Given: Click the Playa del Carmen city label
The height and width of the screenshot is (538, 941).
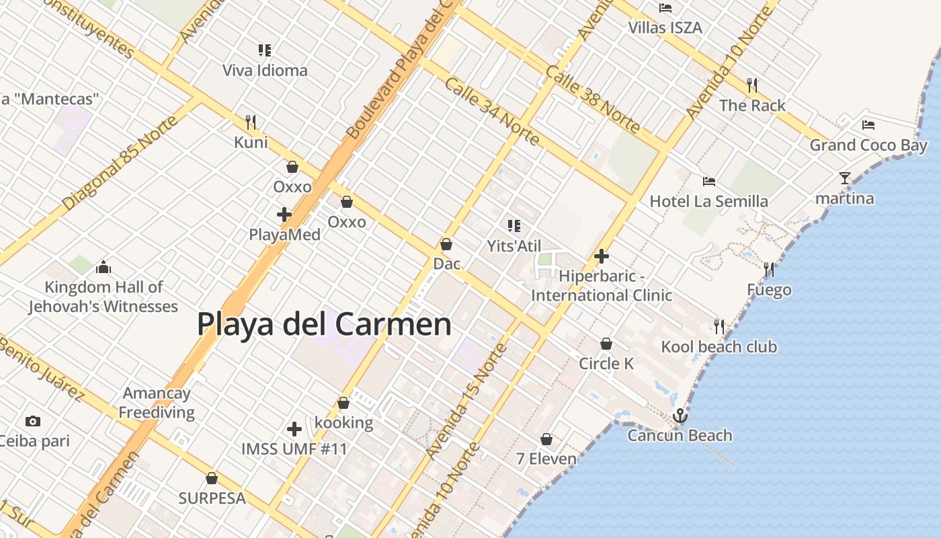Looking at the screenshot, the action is point(324,324).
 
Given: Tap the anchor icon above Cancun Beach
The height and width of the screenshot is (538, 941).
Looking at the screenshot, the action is point(680,416).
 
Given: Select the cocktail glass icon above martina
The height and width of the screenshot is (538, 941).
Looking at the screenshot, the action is point(845,178).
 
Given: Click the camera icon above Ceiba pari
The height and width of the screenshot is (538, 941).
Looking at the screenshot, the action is point(32,422).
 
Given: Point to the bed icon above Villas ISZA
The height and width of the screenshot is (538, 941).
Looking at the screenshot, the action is point(665,8).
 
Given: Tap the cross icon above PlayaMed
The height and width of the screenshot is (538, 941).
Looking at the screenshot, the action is point(284,215).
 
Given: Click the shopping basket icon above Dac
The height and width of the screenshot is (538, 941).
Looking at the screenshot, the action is point(446,244).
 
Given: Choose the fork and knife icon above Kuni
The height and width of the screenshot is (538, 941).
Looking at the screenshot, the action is point(251,122).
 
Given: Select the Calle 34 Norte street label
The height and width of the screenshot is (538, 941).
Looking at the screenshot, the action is point(491,112).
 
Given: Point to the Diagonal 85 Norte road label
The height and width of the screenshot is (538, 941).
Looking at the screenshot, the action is point(120,162).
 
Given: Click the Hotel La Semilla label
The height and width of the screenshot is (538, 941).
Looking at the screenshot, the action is point(708,201).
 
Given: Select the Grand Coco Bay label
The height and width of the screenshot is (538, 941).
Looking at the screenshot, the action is point(868,145).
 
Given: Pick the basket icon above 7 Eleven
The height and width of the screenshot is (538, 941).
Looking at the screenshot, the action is point(546,440).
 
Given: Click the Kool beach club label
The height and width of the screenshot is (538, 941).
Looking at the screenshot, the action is point(719,347).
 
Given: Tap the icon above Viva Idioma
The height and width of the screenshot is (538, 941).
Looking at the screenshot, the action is point(265,50).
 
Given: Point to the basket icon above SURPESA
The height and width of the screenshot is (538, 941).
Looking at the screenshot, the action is point(212,479).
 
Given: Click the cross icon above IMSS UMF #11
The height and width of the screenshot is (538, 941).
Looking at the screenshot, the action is point(294,429).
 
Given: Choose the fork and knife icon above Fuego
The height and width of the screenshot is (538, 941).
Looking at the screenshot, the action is point(769,270).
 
